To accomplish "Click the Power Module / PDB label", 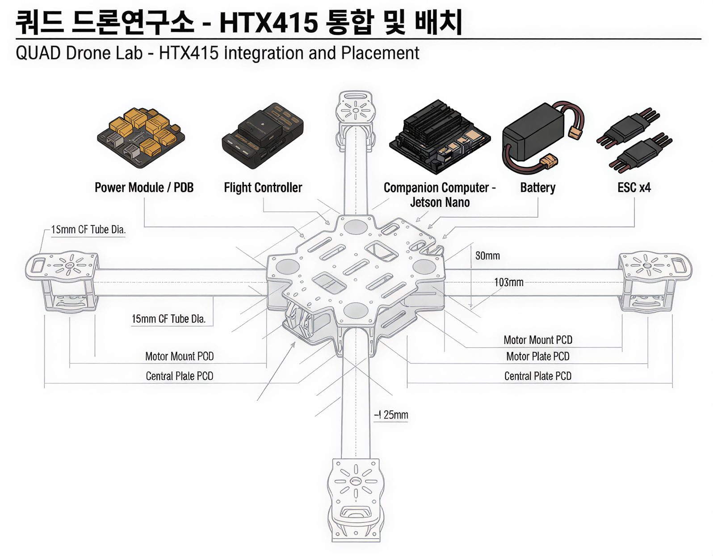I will tap(144, 187).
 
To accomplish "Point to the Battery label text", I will tap(537, 187).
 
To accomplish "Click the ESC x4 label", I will tap(634, 187).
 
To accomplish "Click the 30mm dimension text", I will tap(487, 256).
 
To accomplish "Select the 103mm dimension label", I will tap(508, 283).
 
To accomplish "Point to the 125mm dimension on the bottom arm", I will tap(392, 415).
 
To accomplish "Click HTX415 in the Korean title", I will tap(268, 22).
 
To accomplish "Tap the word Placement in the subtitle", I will tap(380, 53).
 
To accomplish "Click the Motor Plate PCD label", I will tap(537, 356).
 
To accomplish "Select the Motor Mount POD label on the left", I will tap(179, 356).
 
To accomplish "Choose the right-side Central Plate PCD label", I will tap(537, 376).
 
